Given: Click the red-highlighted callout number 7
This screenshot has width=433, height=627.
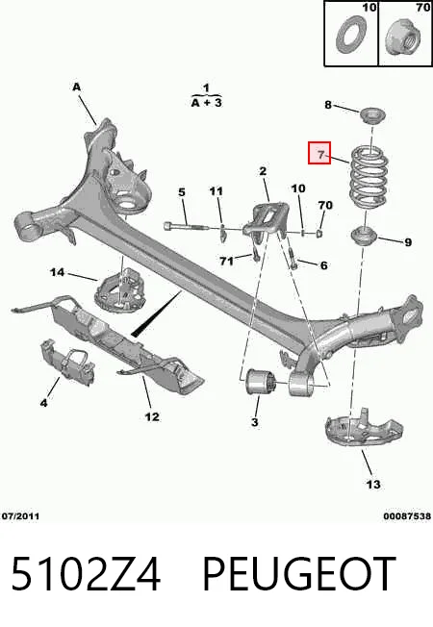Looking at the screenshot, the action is click(x=320, y=154).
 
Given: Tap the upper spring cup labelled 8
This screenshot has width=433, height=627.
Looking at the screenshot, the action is click(x=373, y=116).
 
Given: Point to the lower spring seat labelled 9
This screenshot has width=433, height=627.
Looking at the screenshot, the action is click(x=364, y=237).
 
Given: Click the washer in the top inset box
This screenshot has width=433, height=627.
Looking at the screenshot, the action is click(x=350, y=35).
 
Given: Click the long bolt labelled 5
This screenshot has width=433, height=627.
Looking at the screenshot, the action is click(x=186, y=227).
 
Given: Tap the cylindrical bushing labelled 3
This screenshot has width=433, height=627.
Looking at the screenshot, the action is click(x=260, y=383).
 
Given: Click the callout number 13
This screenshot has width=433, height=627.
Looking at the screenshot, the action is click(x=373, y=485).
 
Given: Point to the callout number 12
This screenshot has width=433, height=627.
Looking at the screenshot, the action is click(x=152, y=416).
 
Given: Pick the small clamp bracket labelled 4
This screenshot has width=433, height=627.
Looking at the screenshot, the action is click(x=67, y=363).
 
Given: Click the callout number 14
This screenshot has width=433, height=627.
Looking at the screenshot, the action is click(x=57, y=272).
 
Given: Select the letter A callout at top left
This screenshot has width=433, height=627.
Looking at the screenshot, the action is click(x=76, y=87).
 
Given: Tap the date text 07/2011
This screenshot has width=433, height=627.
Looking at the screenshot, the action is click(x=21, y=516).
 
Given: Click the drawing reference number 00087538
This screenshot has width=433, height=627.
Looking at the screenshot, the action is click(x=407, y=516).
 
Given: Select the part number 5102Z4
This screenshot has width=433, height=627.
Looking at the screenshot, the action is click(x=86, y=574).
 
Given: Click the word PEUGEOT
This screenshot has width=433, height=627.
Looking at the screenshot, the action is click(x=299, y=574).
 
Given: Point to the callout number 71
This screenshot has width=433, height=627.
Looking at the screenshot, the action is click(x=226, y=262).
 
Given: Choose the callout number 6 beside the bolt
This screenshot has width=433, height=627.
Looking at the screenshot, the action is click(x=323, y=265).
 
